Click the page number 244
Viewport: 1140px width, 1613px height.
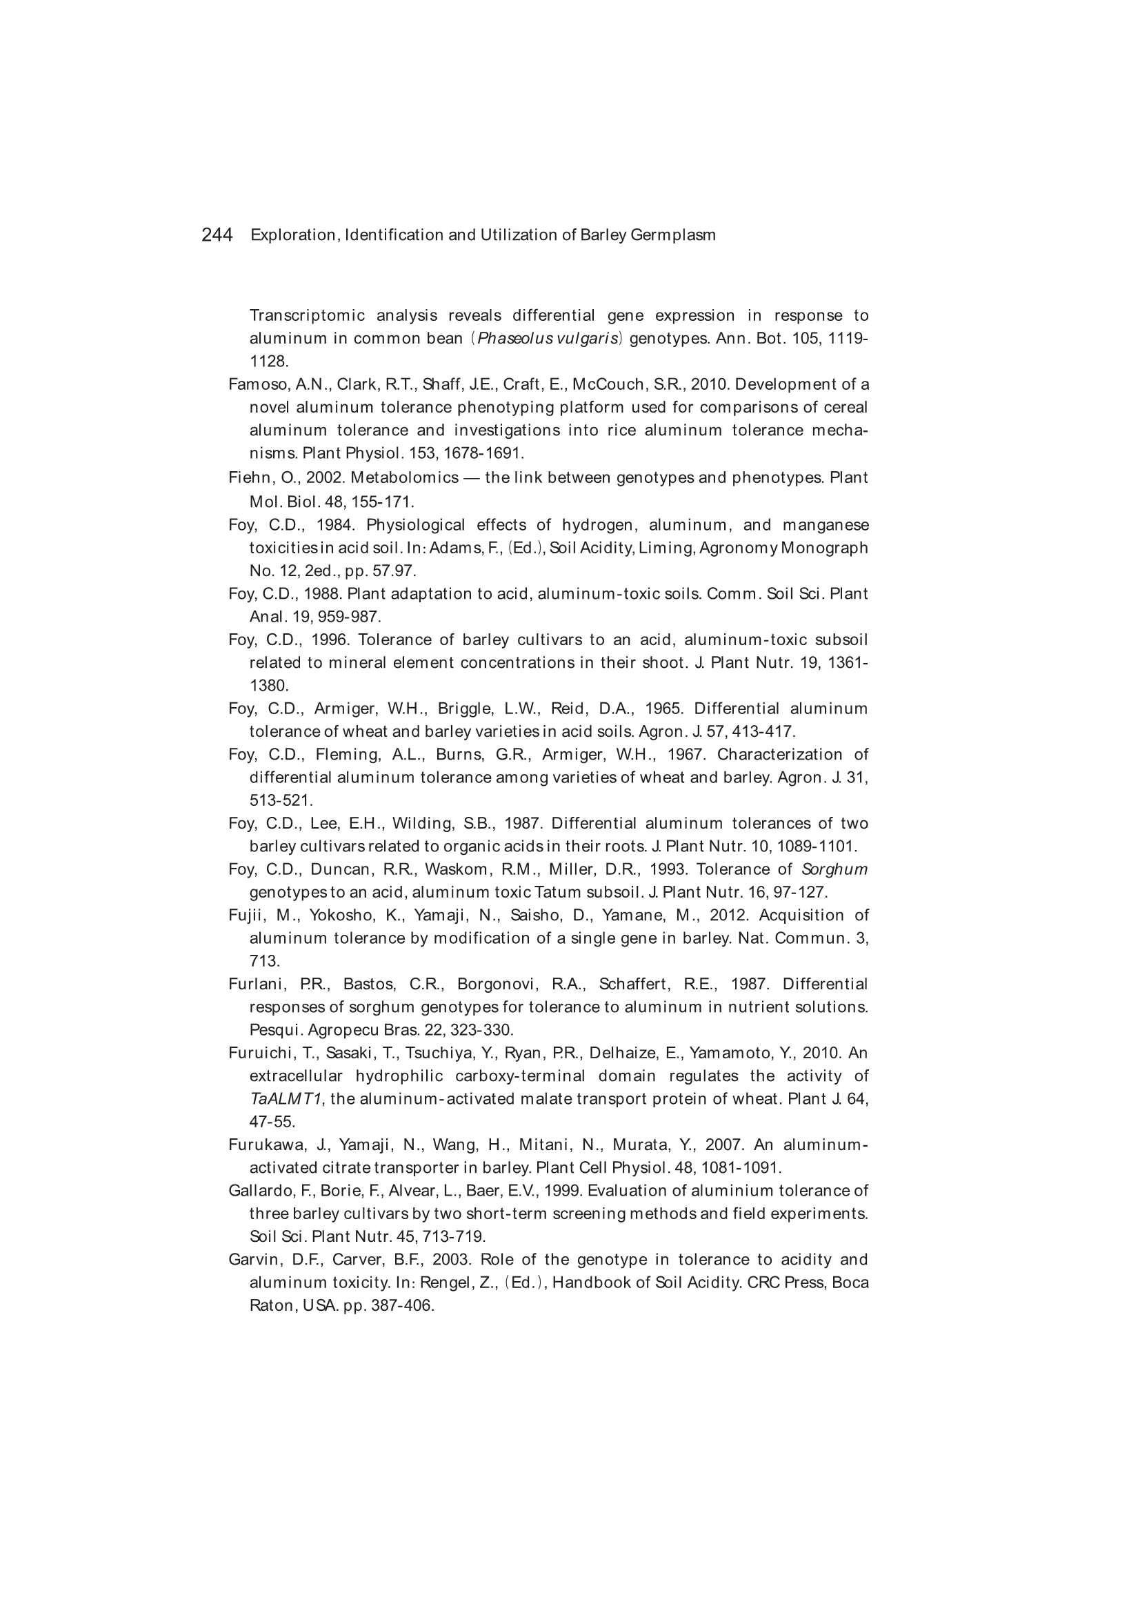217,235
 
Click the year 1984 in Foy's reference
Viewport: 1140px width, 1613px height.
334,525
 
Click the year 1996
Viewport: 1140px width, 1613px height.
329,640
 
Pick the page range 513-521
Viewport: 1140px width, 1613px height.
281,800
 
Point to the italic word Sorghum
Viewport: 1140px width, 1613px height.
834,869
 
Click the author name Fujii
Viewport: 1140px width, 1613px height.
245,916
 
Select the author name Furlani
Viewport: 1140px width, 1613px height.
254,984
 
